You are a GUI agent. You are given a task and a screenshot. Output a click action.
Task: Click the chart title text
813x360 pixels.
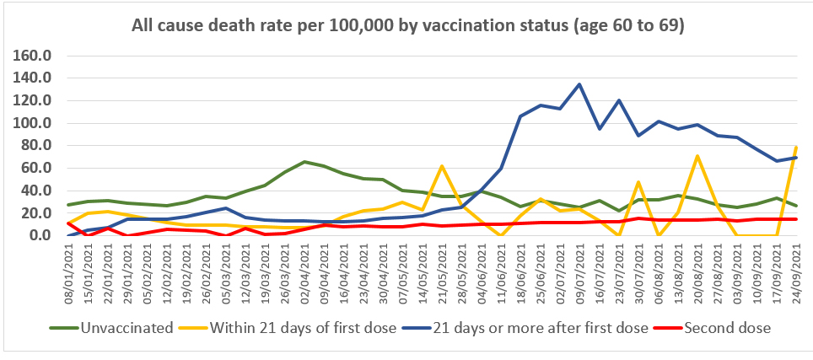pyautogui.click(x=407, y=26)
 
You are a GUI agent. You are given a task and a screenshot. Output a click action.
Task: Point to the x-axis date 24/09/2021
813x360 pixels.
pyautogui.click(x=796, y=268)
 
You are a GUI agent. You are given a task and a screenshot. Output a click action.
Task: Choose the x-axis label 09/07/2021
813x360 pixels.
pyautogui.click(x=579, y=268)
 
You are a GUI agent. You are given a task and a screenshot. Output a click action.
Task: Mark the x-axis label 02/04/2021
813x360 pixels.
pyautogui.click(x=304, y=268)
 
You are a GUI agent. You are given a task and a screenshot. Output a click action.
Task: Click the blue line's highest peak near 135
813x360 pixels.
pyautogui.click(x=579, y=84)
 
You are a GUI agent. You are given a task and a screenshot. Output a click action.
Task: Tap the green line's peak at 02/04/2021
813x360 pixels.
pyautogui.click(x=304, y=162)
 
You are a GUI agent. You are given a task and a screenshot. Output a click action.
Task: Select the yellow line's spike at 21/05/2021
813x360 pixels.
pyautogui.click(x=442, y=166)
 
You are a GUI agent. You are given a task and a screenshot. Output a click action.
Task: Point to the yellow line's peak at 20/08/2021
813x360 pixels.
pyautogui.click(x=697, y=156)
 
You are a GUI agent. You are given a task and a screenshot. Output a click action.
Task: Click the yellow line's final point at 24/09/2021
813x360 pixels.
pyautogui.click(x=796, y=147)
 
